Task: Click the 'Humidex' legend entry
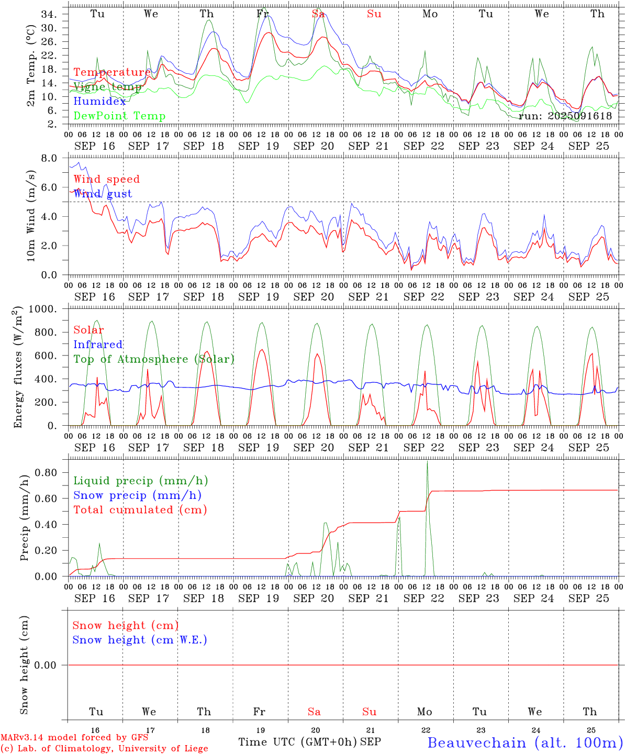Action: pos(99,102)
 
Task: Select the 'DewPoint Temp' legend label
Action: pos(119,116)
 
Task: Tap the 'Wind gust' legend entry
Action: pos(103,194)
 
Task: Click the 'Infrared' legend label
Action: pos(98,345)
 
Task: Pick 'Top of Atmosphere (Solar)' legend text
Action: pos(153,359)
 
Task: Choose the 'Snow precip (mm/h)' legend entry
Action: pos(137,495)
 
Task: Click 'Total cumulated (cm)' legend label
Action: pos(140,510)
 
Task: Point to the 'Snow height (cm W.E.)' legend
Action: pos(139,640)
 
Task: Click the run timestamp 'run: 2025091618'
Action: pos(565,116)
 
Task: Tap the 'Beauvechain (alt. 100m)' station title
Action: pos(525,742)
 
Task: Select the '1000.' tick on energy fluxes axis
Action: pos(43,309)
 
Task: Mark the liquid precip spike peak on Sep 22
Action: pos(427,461)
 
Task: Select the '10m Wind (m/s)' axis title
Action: pos(31,216)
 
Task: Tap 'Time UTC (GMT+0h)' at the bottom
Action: pos(298,742)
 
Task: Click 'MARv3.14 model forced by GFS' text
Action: pos(74,738)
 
